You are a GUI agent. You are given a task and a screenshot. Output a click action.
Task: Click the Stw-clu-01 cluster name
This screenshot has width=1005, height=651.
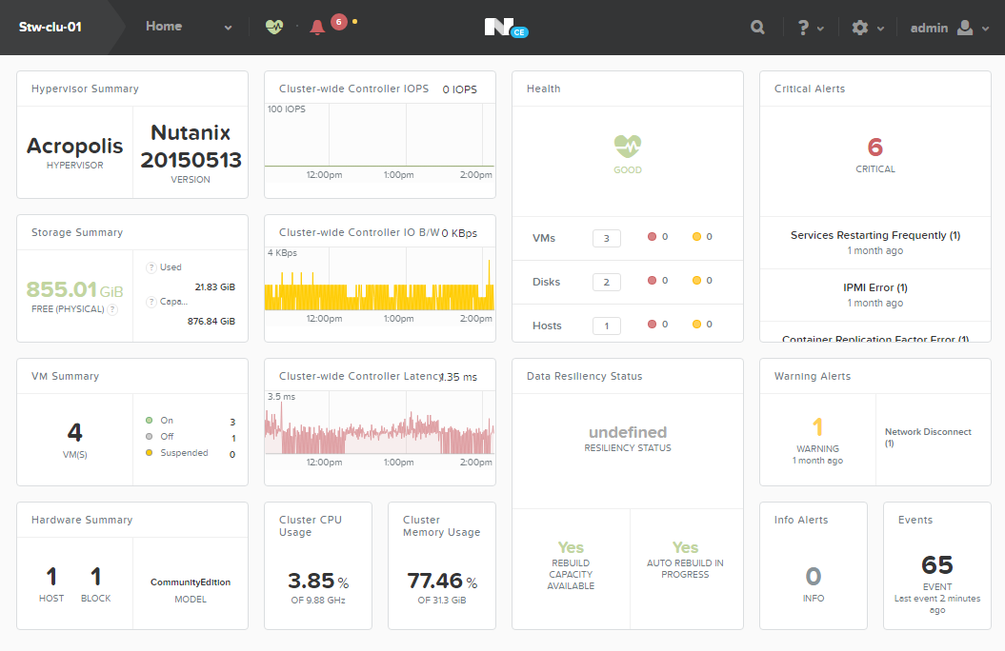point(50,27)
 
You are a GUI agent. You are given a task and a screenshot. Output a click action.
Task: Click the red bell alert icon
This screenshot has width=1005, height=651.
point(317,28)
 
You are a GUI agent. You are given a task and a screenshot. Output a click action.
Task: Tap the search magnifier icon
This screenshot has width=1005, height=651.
point(757,28)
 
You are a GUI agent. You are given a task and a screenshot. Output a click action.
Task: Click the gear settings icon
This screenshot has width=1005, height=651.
point(860,28)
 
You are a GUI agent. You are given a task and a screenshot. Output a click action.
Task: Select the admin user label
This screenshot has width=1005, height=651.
point(929,28)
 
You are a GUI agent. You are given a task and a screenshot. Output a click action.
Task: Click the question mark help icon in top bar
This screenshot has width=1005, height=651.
point(803,28)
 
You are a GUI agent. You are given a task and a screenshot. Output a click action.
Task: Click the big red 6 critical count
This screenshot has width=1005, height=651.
point(875,148)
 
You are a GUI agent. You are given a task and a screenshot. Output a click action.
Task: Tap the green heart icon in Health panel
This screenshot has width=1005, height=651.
point(628,146)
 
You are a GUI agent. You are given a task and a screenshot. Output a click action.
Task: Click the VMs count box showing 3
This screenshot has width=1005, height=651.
point(606,238)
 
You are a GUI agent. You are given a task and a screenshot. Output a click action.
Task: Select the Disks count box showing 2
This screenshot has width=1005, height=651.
point(606,282)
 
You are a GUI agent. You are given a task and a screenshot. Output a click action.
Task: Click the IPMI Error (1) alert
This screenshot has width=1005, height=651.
point(875,287)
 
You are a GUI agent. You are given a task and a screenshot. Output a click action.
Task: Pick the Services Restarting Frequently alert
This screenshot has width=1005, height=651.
point(875,235)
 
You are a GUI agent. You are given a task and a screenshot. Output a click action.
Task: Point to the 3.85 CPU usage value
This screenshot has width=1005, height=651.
point(312,581)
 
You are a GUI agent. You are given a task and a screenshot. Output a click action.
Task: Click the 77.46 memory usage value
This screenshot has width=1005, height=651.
point(434,581)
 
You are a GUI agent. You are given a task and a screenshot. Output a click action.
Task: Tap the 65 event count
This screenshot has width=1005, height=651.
point(937,564)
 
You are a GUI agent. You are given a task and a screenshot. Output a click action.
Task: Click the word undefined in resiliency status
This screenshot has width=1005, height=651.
point(628,432)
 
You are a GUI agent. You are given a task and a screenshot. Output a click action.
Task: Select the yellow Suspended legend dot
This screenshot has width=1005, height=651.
point(149,453)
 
